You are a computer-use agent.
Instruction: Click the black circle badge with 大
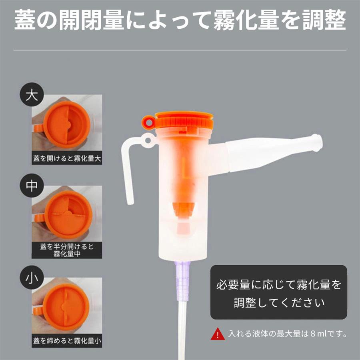point(32,95)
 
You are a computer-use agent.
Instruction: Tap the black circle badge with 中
point(32,186)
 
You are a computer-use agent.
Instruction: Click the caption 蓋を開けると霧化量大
point(67,158)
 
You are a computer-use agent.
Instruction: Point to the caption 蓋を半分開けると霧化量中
point(67,250)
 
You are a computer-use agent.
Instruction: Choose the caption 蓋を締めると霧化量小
point(67,341)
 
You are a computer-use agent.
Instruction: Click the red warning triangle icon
point(218,333)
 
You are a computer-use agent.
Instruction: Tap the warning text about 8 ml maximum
point(287,333)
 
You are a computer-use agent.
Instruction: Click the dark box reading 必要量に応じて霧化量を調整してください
point(279,293)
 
